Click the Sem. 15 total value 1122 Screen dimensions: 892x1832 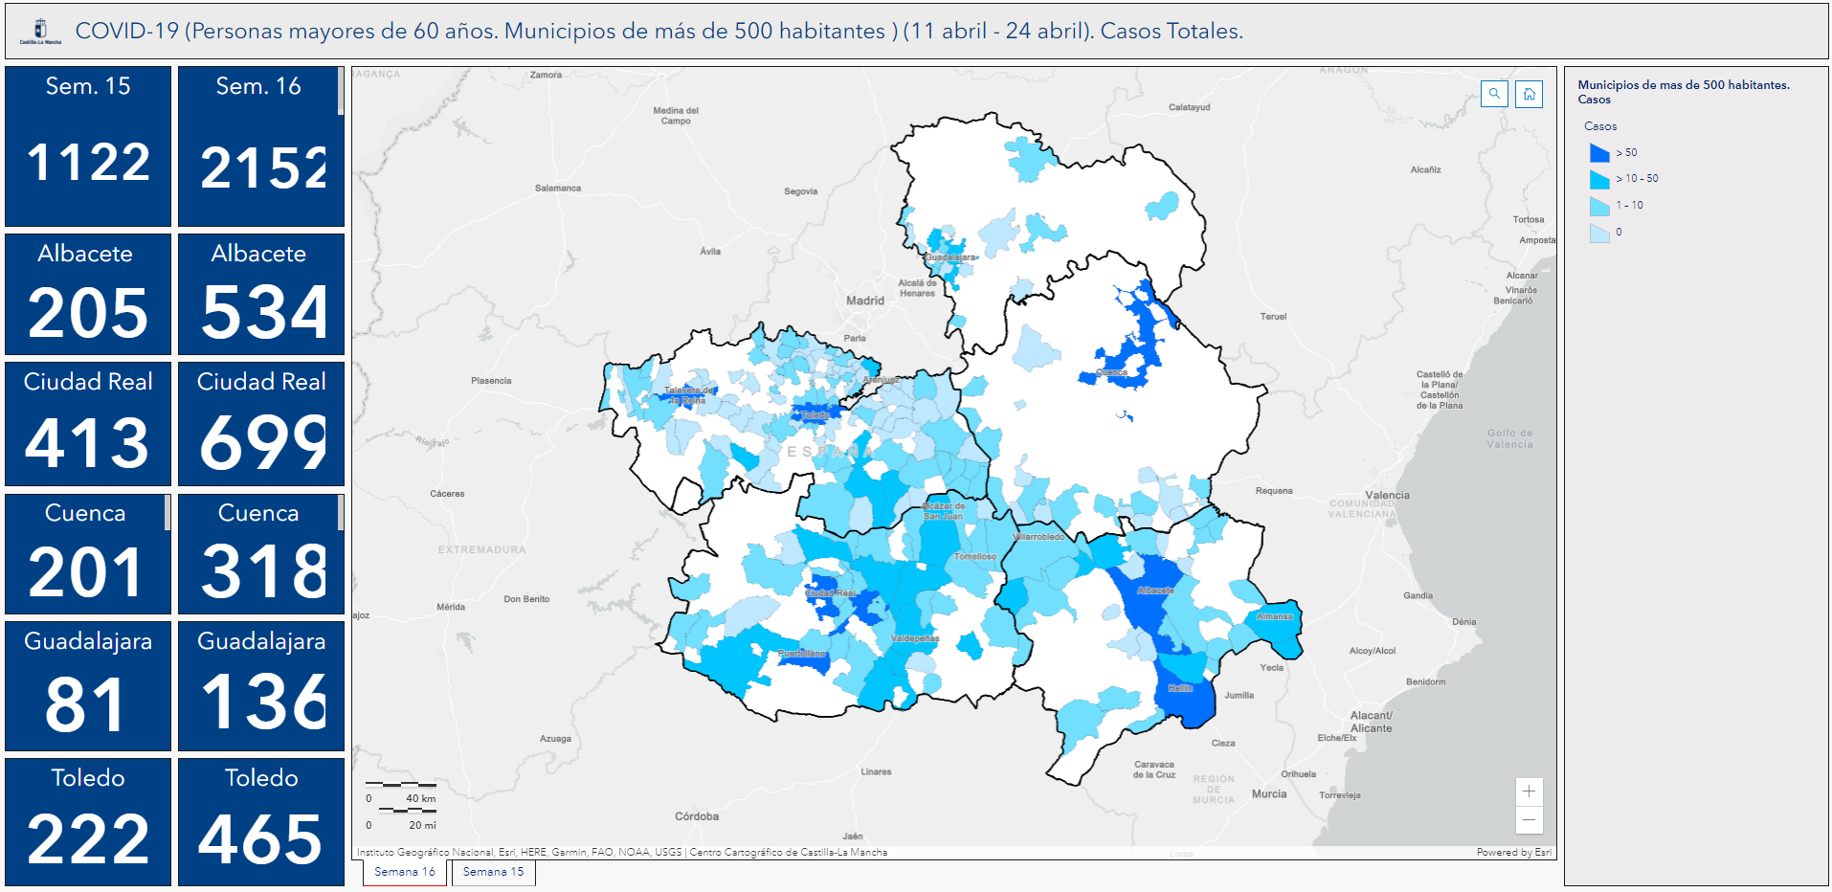(x=88, y=162)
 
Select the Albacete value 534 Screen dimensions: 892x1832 (x=262, y=313)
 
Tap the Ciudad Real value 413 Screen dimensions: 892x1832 (x=87, y=443)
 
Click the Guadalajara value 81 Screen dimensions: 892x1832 (x=85, y=705)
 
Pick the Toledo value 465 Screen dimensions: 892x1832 (x=260, y=840)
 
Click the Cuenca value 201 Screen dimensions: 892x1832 (x=85, y=572)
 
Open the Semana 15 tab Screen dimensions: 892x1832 (x=493, y=872)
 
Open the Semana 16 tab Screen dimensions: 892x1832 (x=404, y=872)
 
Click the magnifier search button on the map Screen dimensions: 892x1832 (x=1494, y=94)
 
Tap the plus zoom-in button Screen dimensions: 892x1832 (x=1529, y=792)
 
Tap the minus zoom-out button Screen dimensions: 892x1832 (x=1529, y=819)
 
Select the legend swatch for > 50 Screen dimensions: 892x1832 (x=1599, y=153)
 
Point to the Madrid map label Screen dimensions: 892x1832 (x=864, y=301)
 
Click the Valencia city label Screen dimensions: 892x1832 (x=1387, y=495)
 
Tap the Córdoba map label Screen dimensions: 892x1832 (x=696, y=816)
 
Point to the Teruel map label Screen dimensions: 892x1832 (x=1273, y=317)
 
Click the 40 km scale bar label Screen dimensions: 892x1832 (x=420, y=798)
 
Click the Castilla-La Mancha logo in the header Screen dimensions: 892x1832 (x=40, y=32)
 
